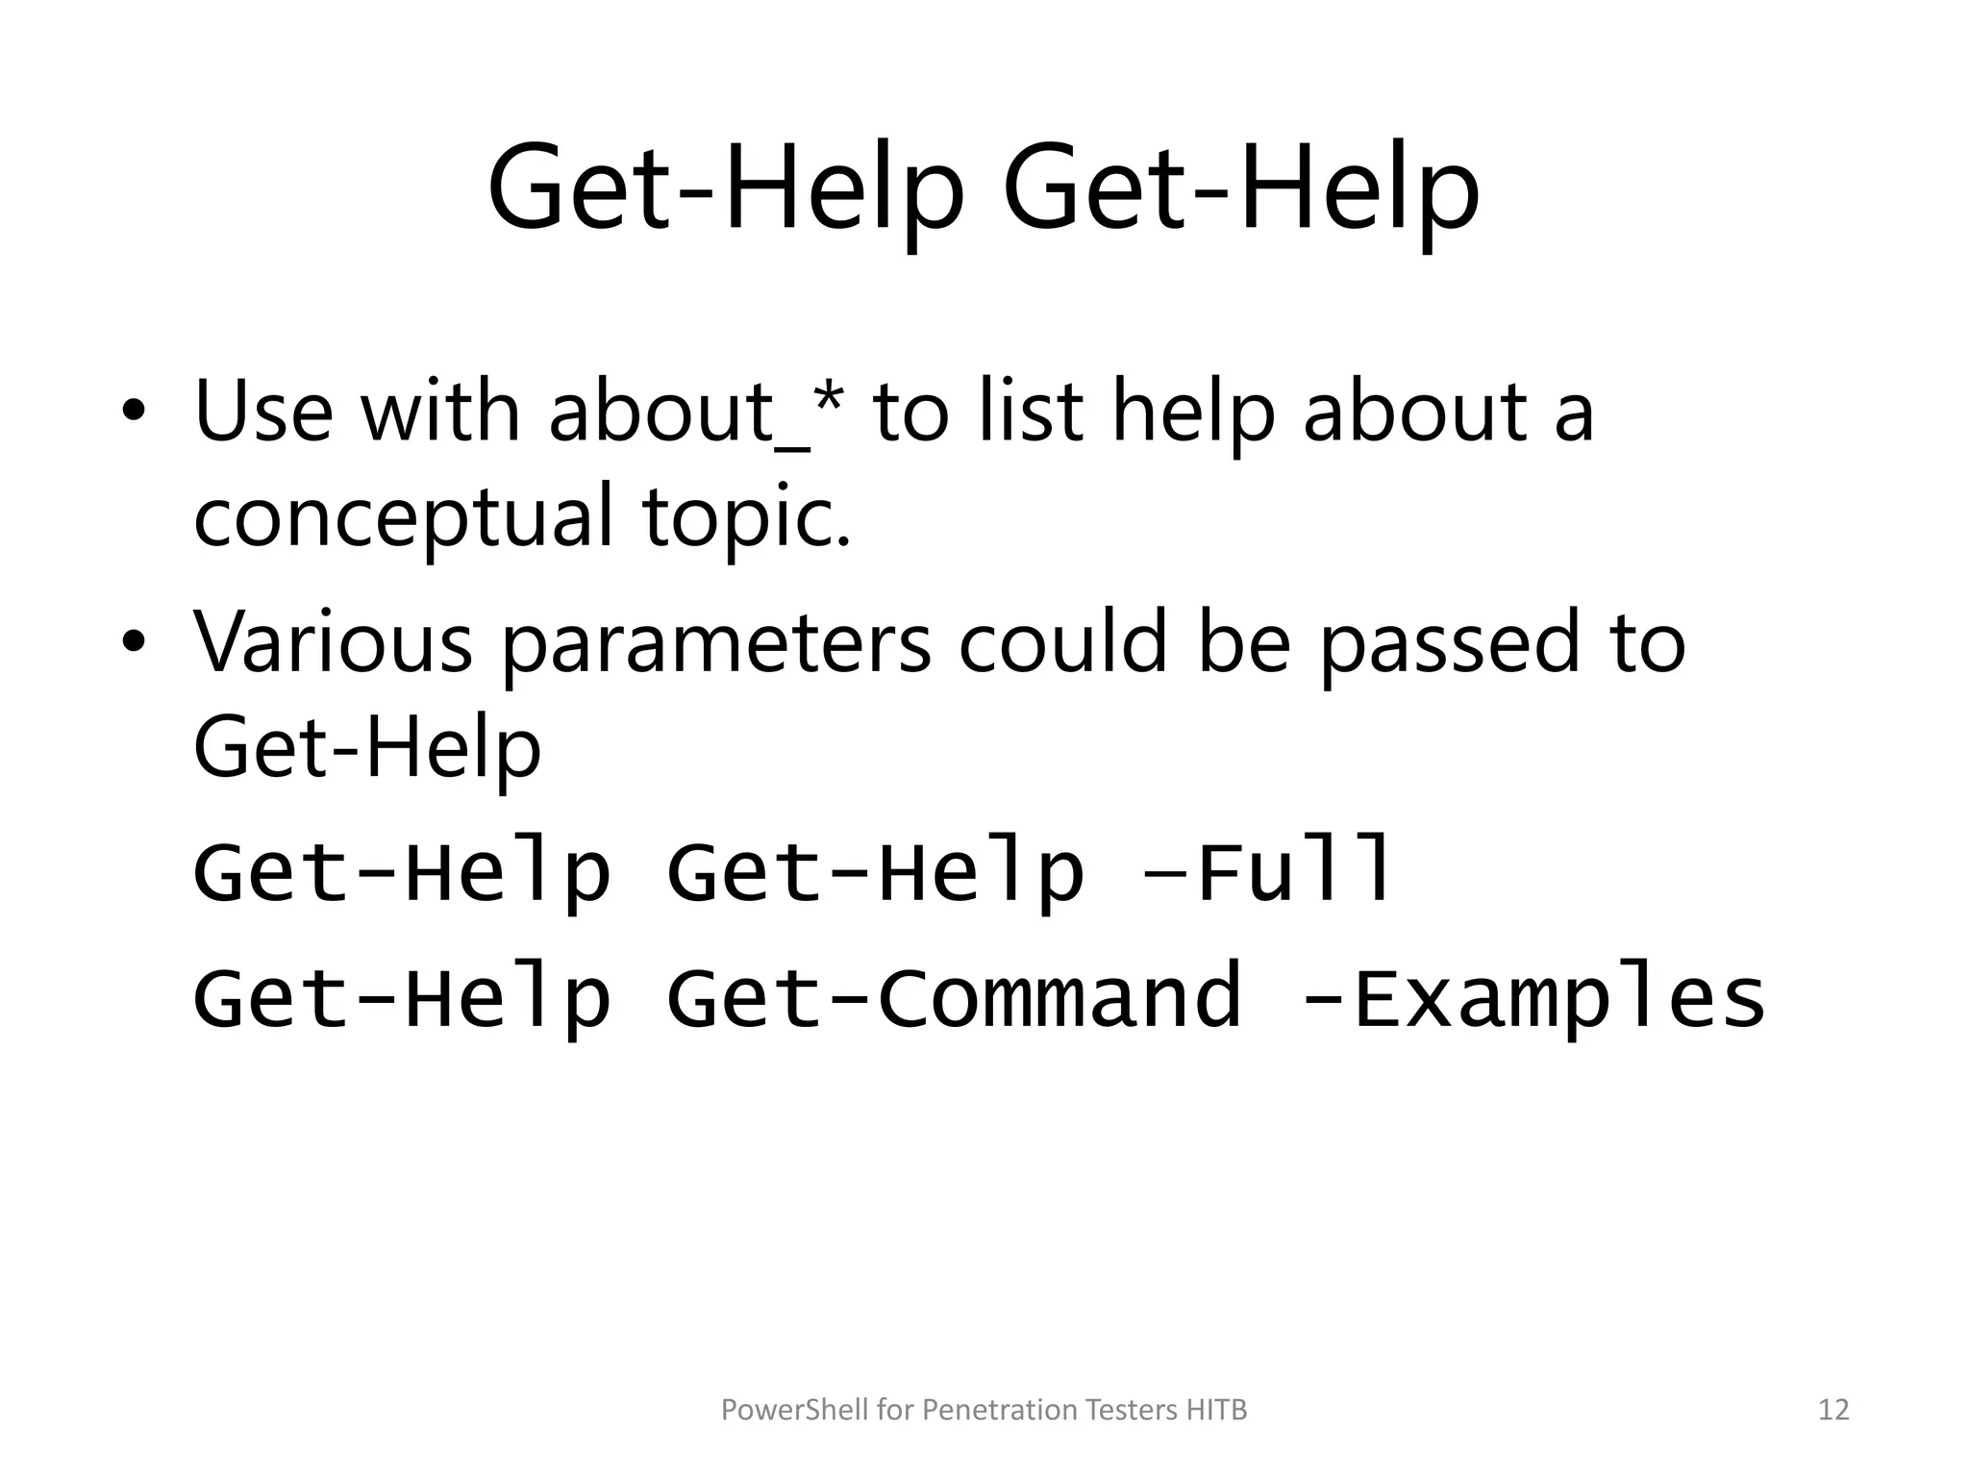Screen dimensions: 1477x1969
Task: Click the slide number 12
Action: click(x=1834, y=1410)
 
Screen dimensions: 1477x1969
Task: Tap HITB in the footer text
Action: click(x=1216, y=1410)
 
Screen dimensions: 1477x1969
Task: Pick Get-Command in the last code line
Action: click(x=954, y=997)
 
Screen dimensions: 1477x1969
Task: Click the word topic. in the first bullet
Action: click(x=748, y=516)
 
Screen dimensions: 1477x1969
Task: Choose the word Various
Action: click(x=334, y=641)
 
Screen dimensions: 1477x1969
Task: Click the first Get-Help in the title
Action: click(x=726, y=189)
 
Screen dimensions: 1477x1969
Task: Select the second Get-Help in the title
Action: click(x=1240, y=189)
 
